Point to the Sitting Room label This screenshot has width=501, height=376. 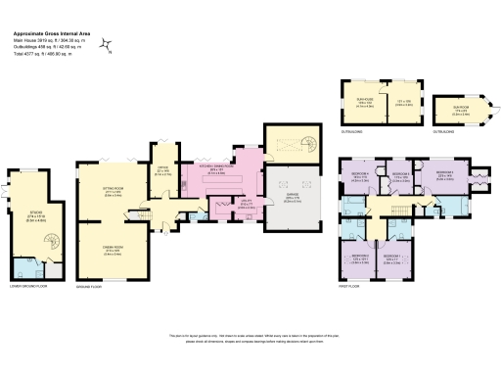pyautogui.click(x=119, y=192)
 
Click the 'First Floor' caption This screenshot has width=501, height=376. pyautogui.click(x=349, y=288)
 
